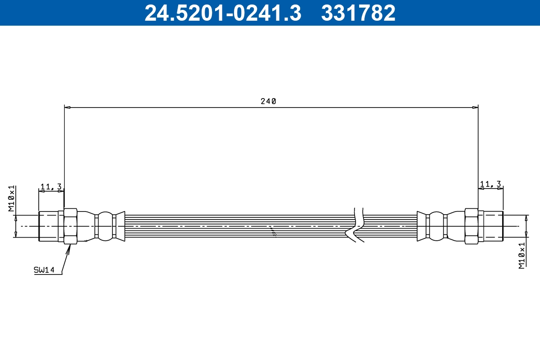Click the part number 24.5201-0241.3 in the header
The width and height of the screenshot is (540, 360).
coord(222,13)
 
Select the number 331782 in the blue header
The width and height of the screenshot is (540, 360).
coord(358,13)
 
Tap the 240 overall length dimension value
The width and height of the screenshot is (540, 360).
coord(268,101)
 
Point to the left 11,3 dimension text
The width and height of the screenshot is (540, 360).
coord(51,186)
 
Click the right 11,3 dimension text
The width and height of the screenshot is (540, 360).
coord(490,184)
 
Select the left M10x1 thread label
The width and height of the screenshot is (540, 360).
coord(12,198)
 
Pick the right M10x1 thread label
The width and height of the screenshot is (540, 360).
coord(522,255)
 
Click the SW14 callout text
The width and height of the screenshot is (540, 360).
coord(44,270)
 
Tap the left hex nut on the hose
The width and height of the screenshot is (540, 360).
coord(71,226)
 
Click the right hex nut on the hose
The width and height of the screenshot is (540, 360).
coord(471,226)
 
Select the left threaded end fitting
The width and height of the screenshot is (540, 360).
coord(48,226)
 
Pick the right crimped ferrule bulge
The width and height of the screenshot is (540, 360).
coord(436,226)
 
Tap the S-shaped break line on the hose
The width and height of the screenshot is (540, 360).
coord(355,225)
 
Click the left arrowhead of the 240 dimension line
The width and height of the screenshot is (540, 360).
coord(67,108)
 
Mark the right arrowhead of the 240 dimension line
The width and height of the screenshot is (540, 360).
coord(475,108)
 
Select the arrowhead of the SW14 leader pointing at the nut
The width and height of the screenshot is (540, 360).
coord(69,248)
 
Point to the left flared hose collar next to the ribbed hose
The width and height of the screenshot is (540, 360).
coord(120,226)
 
